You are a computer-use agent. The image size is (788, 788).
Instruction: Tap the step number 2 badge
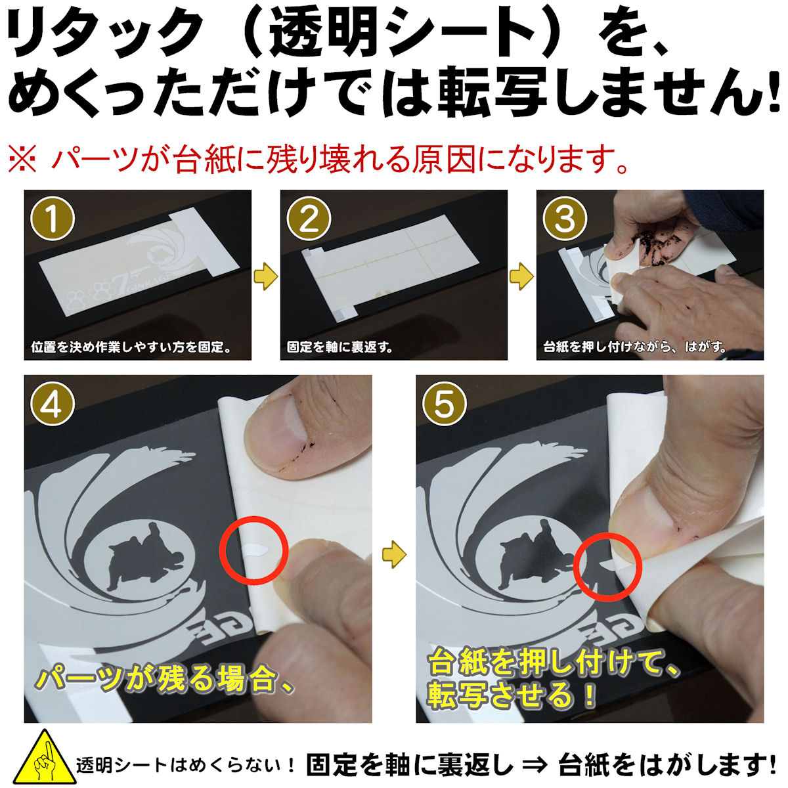pyautogui.click(x=309, y=219)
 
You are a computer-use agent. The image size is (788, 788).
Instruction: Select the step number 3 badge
pyautogui.click(x=565, y=219)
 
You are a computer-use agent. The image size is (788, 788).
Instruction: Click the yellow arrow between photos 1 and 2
pyautogui.click(x=265, y=276)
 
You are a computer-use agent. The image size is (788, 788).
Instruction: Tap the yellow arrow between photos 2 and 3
pyautogui.click(x=521, y=276)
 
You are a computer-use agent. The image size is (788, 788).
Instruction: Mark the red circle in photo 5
pyautogui.click(x=605, y=567)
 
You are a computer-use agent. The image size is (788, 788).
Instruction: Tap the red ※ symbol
pyautogui.click(x=23, y=159)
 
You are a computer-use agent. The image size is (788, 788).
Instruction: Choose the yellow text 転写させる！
pyautogui.click(x=512, y=695)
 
